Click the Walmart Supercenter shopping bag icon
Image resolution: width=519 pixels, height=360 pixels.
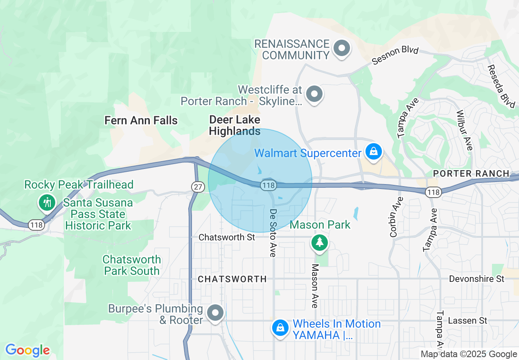tap(374, 152)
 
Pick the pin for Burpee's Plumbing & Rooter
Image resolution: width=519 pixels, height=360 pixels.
tap(215, 313)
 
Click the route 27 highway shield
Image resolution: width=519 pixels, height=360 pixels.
tap(198, 187)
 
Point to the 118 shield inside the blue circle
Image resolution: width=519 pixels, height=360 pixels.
tap(268, 185)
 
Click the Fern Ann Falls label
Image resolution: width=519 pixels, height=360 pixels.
tap(141, 120)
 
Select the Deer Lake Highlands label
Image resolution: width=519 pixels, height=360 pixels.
tap(235, 125)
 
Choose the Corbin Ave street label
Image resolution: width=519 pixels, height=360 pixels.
tap(394, 217)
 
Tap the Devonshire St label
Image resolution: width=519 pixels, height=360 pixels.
tap(476, 279)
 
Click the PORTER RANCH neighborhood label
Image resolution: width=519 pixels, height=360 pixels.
tap(471, 173)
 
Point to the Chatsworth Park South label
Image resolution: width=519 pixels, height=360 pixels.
tap(131, 265)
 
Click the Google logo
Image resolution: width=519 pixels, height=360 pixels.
tap(27, 350)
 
